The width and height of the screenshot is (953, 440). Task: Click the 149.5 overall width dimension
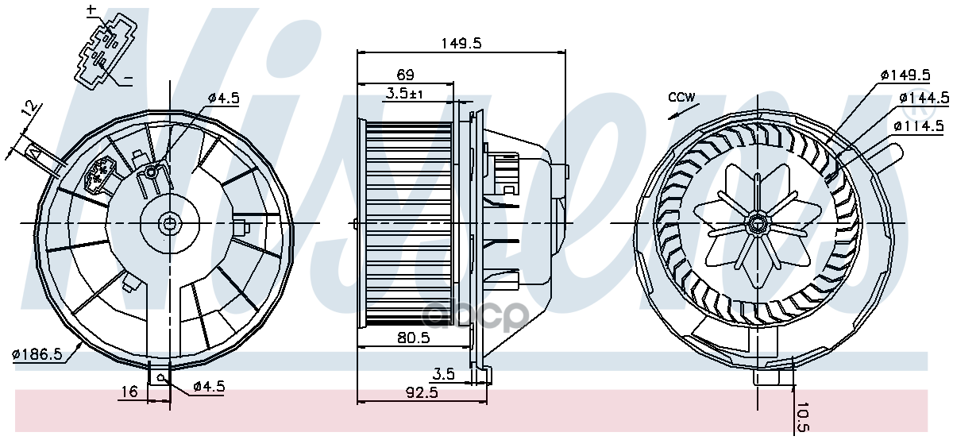point(461,44)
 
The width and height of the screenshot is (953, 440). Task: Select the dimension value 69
point(405,75)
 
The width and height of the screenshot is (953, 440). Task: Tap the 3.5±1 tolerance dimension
point(405,94)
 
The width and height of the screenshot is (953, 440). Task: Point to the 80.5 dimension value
point(413,338)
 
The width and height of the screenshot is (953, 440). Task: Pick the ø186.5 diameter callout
point(37,354)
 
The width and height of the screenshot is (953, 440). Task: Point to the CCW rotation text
point(681,98)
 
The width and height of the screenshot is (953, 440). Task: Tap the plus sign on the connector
point(91,10)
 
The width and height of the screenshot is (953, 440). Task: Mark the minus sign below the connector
point(128,79)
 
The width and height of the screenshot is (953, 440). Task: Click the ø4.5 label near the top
point(223,98)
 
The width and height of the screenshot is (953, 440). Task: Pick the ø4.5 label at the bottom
point(209,387)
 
